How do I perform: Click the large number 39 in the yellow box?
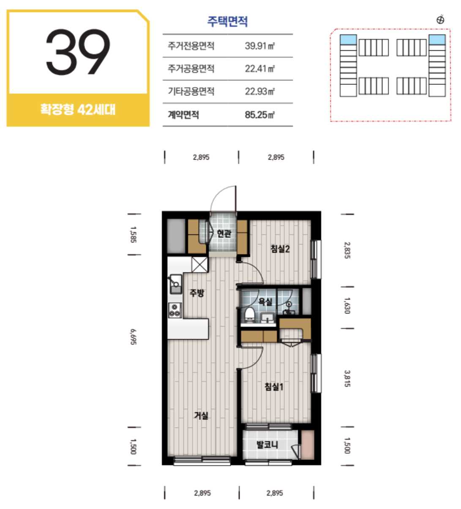click(x=78, y=52)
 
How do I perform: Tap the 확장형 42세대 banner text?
click(x=78, y=110)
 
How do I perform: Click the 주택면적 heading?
click(x=227, y=21)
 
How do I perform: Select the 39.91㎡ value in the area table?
click(x=260, y=46)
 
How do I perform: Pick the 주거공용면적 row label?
click(x=191, y=68)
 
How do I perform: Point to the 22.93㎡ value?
click(x=260, y=91)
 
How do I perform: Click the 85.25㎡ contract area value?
click(x=260, y=115)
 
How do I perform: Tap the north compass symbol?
click(x=440, y=19)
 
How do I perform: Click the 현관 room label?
click(x=224, y=234)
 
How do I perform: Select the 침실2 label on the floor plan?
click(x=280, y=249)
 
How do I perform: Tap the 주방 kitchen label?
click(x=197, y=293)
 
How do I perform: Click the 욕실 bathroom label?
click(x=265, y=302)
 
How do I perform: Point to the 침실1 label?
click(x=274, y=387)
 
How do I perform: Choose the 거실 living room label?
click(x=201, y=415)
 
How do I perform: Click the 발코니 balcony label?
click(x=267, y=444)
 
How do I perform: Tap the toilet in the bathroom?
click(x=250, y=314)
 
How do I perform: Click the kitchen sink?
click(x=175, y=284)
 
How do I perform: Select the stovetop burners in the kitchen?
click(x=175, y=310)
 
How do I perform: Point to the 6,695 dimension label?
click(x=134, y=337)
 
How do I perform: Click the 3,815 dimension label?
click(x=347, y=378)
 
